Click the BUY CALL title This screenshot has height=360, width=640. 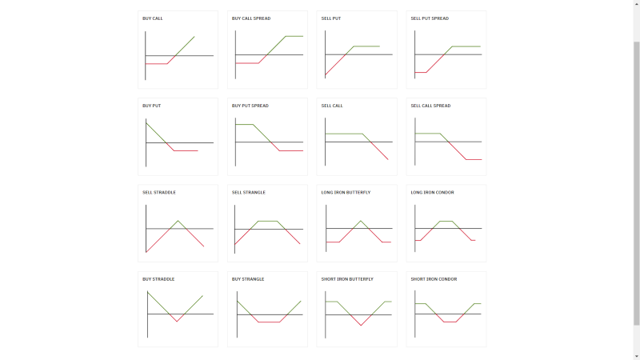tap(153, 18)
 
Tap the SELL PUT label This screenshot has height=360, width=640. tap(330, 18)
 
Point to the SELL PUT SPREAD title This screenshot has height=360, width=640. tap(430, 18)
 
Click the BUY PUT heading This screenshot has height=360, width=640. tap(152, 106)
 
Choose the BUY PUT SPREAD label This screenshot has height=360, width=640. tap(250, 106)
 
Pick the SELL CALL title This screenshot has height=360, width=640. tap(332, 106)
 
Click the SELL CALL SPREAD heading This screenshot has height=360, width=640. tap(430, 106)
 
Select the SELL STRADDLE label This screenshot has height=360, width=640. tap(159, 193)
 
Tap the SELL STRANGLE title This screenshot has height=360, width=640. tap(249, 193)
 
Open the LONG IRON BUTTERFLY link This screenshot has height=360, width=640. tap(346, 193)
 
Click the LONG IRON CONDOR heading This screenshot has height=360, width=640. tap(434, 193)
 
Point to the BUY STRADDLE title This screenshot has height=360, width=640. tap(158, 279)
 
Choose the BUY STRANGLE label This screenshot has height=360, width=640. tap(248, 279)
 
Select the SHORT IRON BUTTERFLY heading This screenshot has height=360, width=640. tap(347, 279)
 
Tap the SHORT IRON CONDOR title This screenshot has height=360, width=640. tap(434, 279)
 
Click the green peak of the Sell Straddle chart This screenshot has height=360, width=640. tap(178, 221)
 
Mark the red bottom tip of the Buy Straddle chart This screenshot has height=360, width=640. tap(177, 322)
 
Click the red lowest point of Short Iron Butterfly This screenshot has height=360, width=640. tap(362, 326)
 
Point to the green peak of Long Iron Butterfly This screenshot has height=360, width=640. tap(361, 221)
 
